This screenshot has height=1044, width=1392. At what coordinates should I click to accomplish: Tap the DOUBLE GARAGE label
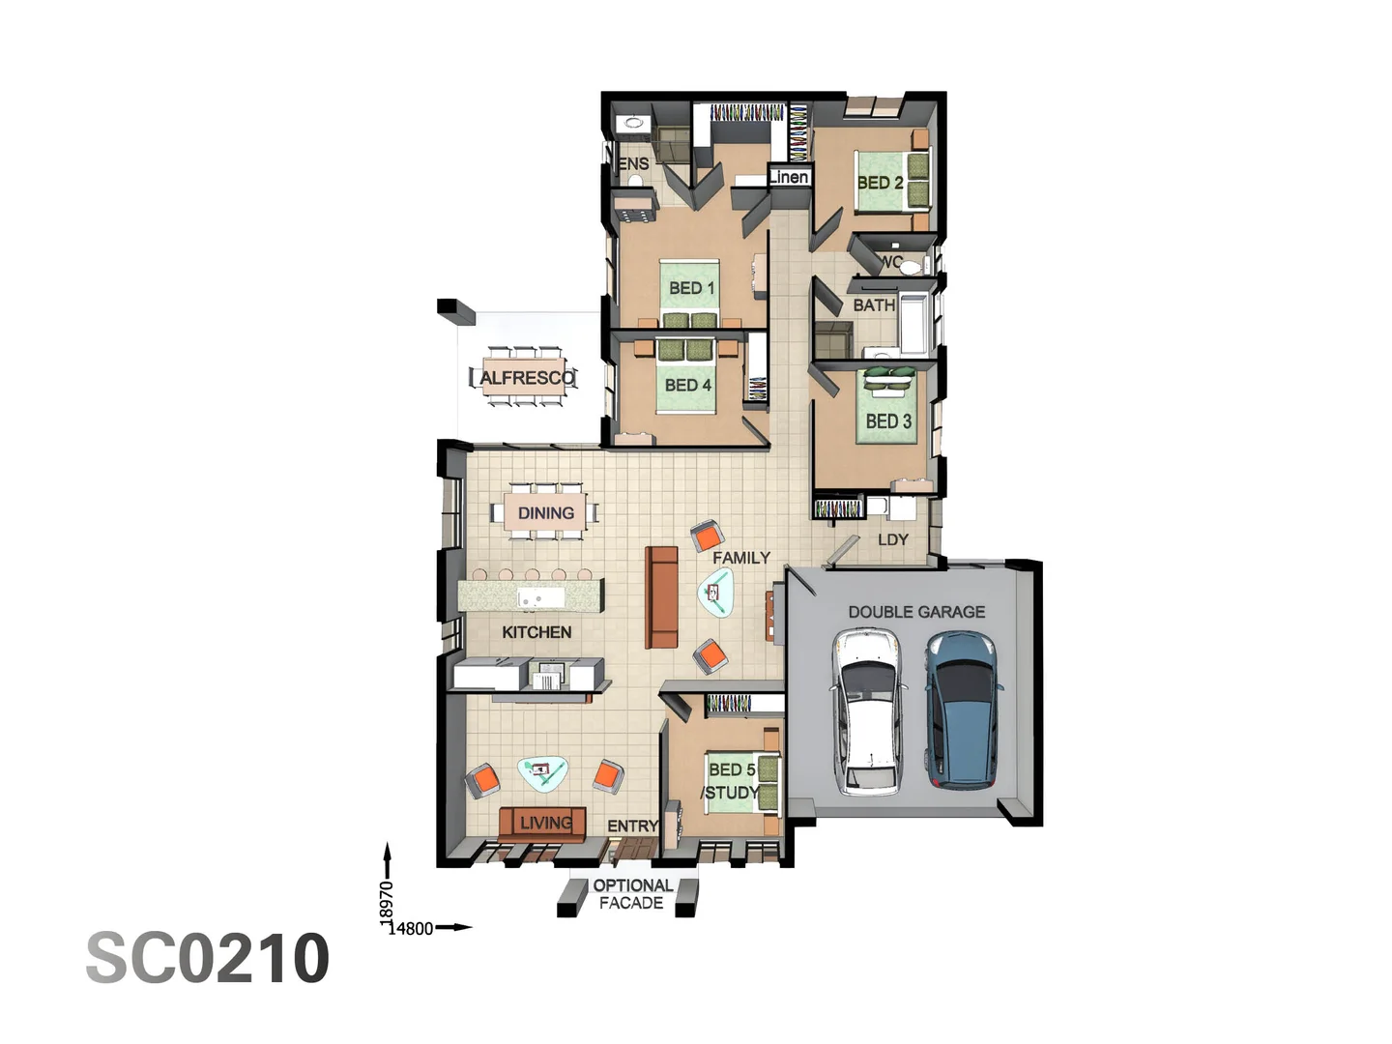coord(916,612)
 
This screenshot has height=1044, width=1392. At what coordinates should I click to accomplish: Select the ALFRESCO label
coord(526,378)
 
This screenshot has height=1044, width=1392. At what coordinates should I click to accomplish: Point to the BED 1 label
coord(691,288)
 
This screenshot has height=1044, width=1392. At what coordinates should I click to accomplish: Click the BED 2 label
coord(880,182)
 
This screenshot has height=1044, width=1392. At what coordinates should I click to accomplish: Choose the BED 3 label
coord(888,421)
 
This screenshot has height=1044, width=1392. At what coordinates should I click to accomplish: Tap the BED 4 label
coord(687,385)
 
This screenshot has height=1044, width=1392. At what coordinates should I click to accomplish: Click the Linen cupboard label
coord(789,177)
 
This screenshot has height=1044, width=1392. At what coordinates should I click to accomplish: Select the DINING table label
coord(545,513)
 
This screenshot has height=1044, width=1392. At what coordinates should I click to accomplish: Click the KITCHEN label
coord(536,632)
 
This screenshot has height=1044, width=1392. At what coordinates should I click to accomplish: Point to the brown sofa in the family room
coord(662,596)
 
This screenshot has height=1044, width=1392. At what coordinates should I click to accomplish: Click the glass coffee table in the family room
coord(715,593)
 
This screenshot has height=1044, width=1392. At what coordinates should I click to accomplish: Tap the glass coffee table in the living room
coord(542,772)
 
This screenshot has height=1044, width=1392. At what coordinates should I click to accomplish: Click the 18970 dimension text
coord(386,900)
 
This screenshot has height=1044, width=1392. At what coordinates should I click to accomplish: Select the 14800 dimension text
coord(411,929)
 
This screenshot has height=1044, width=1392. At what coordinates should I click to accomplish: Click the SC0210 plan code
coord(208,958)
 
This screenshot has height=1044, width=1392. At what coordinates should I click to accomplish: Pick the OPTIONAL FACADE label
coord(632,894)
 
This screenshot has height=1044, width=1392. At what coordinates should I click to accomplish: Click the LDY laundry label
coord(892,539)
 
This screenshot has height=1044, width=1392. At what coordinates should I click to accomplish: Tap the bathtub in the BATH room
coord(913,321)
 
